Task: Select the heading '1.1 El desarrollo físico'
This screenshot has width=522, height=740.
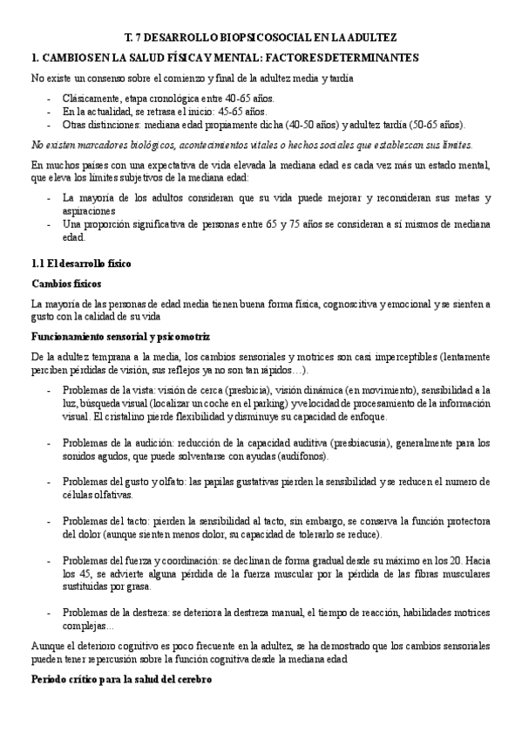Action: [80, 264]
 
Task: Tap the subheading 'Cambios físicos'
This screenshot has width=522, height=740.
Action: [66, 284]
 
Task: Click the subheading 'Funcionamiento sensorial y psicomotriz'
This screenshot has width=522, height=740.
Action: [120, 337]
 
